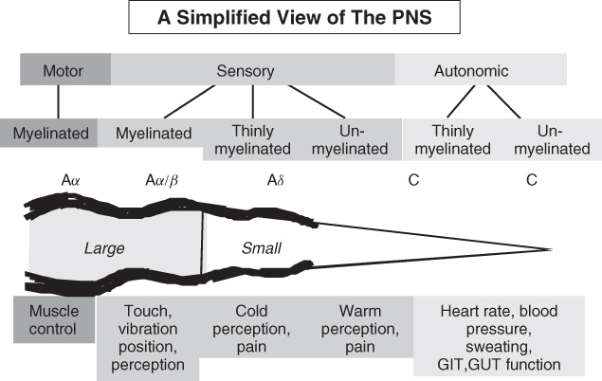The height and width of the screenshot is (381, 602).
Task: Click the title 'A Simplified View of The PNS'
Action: coord(300,20)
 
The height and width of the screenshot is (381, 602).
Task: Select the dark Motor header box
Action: coord(64,70)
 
